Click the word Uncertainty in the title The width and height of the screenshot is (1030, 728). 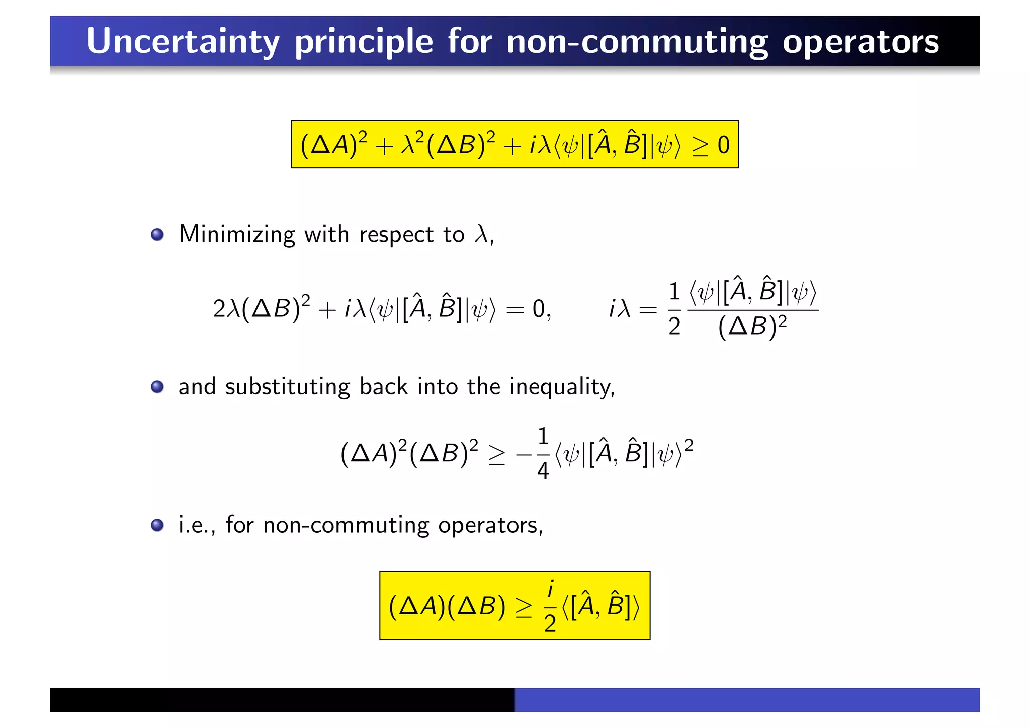182,41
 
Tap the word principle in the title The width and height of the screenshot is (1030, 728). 364,41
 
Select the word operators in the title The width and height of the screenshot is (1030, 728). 861,41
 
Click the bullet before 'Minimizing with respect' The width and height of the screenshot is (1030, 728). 157,235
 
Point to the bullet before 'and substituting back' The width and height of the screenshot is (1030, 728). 157,387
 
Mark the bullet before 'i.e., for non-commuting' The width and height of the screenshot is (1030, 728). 157,525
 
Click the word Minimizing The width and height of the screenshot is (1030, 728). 237,234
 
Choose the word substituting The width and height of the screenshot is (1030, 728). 287,387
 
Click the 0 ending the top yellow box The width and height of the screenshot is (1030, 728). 724,145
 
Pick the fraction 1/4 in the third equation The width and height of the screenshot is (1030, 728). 543,453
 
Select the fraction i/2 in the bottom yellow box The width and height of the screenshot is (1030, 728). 550,606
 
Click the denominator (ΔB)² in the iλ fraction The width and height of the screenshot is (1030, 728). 752,327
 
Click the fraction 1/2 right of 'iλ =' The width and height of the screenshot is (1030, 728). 674,308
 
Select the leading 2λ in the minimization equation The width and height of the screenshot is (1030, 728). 226,309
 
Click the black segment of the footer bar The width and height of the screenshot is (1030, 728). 282,700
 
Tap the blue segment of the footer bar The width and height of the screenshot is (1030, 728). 747,700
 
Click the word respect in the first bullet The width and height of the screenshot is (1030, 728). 396,234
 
